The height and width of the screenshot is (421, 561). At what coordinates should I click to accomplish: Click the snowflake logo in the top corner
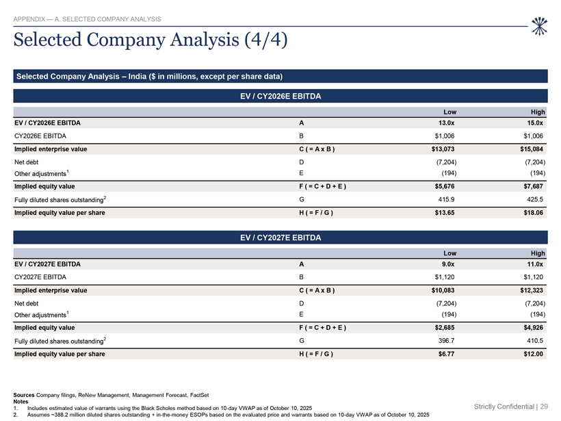click(539, 26)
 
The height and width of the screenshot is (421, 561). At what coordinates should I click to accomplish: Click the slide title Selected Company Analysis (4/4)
click(151, 40)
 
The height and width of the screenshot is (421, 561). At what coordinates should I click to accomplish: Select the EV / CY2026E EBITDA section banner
click(280, 97)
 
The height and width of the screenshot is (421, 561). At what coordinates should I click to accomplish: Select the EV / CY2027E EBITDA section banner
click(280, 238)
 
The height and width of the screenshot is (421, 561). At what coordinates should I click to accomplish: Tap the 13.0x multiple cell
click(446, 123)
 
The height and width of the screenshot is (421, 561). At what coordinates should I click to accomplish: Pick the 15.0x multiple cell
click(535, 123)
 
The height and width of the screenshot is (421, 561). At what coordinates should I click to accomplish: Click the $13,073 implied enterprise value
click(443, 149)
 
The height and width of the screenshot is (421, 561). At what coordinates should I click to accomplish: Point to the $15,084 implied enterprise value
click(532, 149)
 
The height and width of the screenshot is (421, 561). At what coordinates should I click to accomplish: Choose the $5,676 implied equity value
click(445, 186)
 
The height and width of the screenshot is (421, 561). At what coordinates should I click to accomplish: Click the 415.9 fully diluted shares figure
click(447, 199)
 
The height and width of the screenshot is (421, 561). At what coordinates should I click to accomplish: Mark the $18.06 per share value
click(534, 213)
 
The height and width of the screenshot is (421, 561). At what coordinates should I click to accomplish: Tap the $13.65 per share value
click(445, 213)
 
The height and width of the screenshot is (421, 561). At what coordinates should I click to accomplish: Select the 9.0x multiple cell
click(448, 264)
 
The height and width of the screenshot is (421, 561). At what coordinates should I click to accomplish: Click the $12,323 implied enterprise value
click(532, 290)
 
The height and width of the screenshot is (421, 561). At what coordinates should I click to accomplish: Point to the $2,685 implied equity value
click(445, 328)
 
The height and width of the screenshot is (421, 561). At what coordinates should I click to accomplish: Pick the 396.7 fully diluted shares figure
click(447, 340)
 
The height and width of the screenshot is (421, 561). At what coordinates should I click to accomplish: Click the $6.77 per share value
click(447, 354)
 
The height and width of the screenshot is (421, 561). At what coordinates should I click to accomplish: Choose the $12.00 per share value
click(534, 354)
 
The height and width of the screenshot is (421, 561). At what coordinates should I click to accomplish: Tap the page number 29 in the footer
click(544, 407)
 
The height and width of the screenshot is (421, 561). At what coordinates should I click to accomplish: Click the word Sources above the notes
click(24, 395)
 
